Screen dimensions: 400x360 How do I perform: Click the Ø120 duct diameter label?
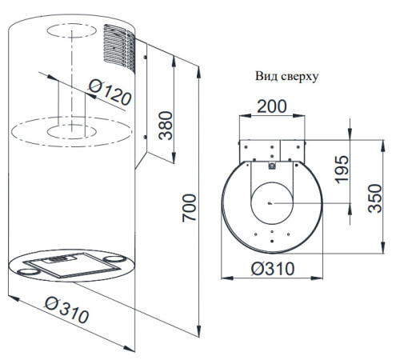[110, 92]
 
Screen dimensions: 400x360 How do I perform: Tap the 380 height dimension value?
[166, 126]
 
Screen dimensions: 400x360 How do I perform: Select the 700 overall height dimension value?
[189, 208]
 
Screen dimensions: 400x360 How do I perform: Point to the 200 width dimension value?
[272, 106]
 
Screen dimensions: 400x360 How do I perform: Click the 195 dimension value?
[342, 169]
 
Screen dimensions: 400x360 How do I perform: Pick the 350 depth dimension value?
[375, 198]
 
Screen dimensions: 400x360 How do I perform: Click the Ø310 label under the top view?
[273, 269]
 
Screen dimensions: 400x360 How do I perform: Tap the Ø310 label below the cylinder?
[66, 310]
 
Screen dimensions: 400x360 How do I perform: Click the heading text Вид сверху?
[287, 76]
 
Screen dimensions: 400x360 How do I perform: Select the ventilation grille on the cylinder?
[119, 49]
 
